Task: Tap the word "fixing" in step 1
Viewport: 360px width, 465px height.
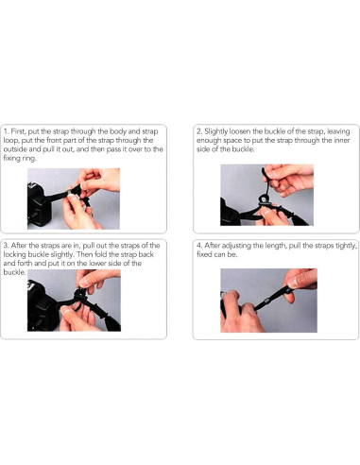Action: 11,158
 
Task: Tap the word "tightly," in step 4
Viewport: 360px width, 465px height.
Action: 346,246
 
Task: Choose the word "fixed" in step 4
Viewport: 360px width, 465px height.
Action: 204,254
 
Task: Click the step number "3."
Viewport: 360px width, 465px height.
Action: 7,246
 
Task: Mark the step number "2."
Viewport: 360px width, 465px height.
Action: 199,131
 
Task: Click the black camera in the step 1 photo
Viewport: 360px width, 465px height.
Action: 40,205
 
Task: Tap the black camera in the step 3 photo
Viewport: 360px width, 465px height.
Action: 43,305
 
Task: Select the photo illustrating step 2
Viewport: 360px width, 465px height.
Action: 266,195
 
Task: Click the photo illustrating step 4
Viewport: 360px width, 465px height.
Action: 268,301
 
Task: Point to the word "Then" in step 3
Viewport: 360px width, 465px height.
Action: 84,254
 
